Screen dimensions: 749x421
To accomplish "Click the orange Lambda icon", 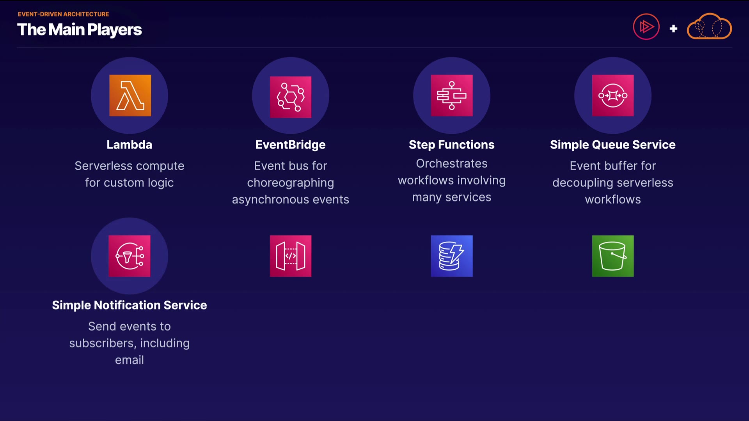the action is tap(130, 96).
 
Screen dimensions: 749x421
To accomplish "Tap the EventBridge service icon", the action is tap(291, 97).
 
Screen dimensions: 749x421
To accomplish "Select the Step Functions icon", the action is tap(452, 96).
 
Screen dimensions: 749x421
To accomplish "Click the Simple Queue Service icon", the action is tap(613, 96).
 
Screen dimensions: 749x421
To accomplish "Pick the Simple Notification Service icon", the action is tap(130, 256).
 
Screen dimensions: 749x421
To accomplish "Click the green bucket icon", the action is tap(613, 256).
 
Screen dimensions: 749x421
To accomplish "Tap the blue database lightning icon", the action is tap(452, 256).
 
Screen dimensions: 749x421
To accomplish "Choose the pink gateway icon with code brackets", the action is tap(291, 256).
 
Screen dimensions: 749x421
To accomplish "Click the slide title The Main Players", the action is tap(80, 30).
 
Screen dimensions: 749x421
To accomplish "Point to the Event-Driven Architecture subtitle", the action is tap(63, 14).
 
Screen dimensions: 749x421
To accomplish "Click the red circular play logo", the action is tap(646, 27).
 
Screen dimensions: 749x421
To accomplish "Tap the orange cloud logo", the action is tap(709, 27).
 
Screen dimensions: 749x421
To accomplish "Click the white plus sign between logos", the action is tap(673, 28).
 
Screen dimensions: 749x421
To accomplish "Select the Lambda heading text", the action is tap(130, 145).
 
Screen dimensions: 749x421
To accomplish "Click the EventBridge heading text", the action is tap(291, 145).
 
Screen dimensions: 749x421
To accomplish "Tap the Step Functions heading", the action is tap(452, 145).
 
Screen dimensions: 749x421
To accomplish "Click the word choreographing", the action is tap(291, 183).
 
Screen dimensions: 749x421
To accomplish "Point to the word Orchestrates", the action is tap(452, 164).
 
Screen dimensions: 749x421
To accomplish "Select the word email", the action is tap(130, 360).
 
